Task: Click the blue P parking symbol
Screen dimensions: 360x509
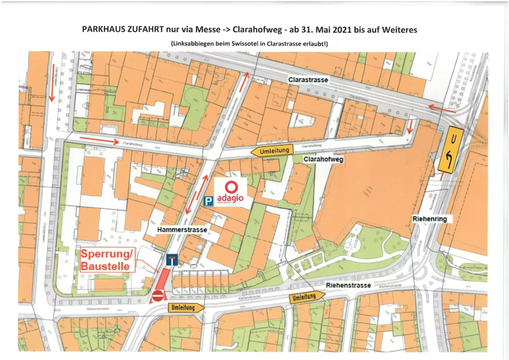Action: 209,201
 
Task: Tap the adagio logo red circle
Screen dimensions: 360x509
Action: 232,187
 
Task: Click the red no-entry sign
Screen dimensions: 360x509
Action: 158,296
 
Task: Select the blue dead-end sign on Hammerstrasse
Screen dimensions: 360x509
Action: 172,260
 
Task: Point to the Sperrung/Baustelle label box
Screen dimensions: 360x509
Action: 107,260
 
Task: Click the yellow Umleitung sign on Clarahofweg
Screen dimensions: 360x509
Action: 273,151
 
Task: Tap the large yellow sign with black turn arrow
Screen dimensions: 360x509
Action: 450,149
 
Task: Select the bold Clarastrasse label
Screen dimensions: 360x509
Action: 308,80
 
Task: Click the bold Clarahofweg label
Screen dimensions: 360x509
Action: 323,159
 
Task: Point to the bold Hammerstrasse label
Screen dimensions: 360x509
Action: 182,230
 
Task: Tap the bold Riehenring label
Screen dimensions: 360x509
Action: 429,219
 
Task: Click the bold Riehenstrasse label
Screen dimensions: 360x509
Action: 348,285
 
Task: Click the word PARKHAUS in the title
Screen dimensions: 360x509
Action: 104,29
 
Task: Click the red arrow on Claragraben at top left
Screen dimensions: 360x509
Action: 52,93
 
